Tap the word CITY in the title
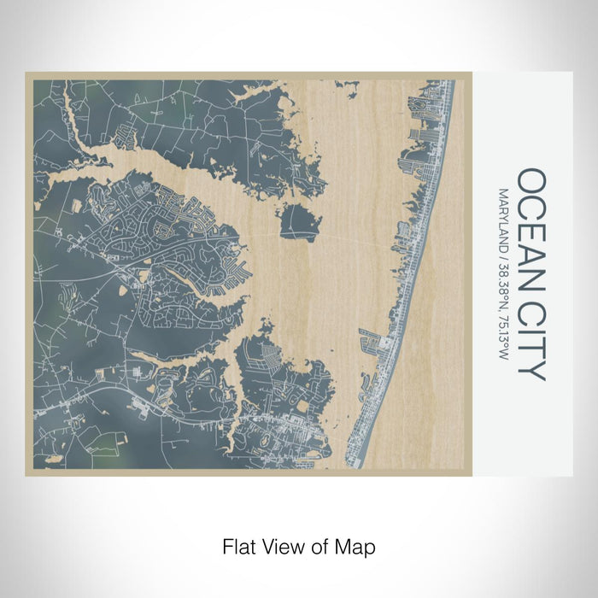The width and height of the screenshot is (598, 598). [x=531, y=342]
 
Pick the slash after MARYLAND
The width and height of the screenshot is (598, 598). [x=504, y=257]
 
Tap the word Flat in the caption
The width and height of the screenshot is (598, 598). [x=238, y=545]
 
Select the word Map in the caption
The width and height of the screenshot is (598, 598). [x=358, y=545]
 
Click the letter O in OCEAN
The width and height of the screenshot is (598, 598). [x=531, y=181]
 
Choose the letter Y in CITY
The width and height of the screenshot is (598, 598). [x=531, y=370]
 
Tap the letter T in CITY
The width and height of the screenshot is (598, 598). [x=531, y=350]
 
